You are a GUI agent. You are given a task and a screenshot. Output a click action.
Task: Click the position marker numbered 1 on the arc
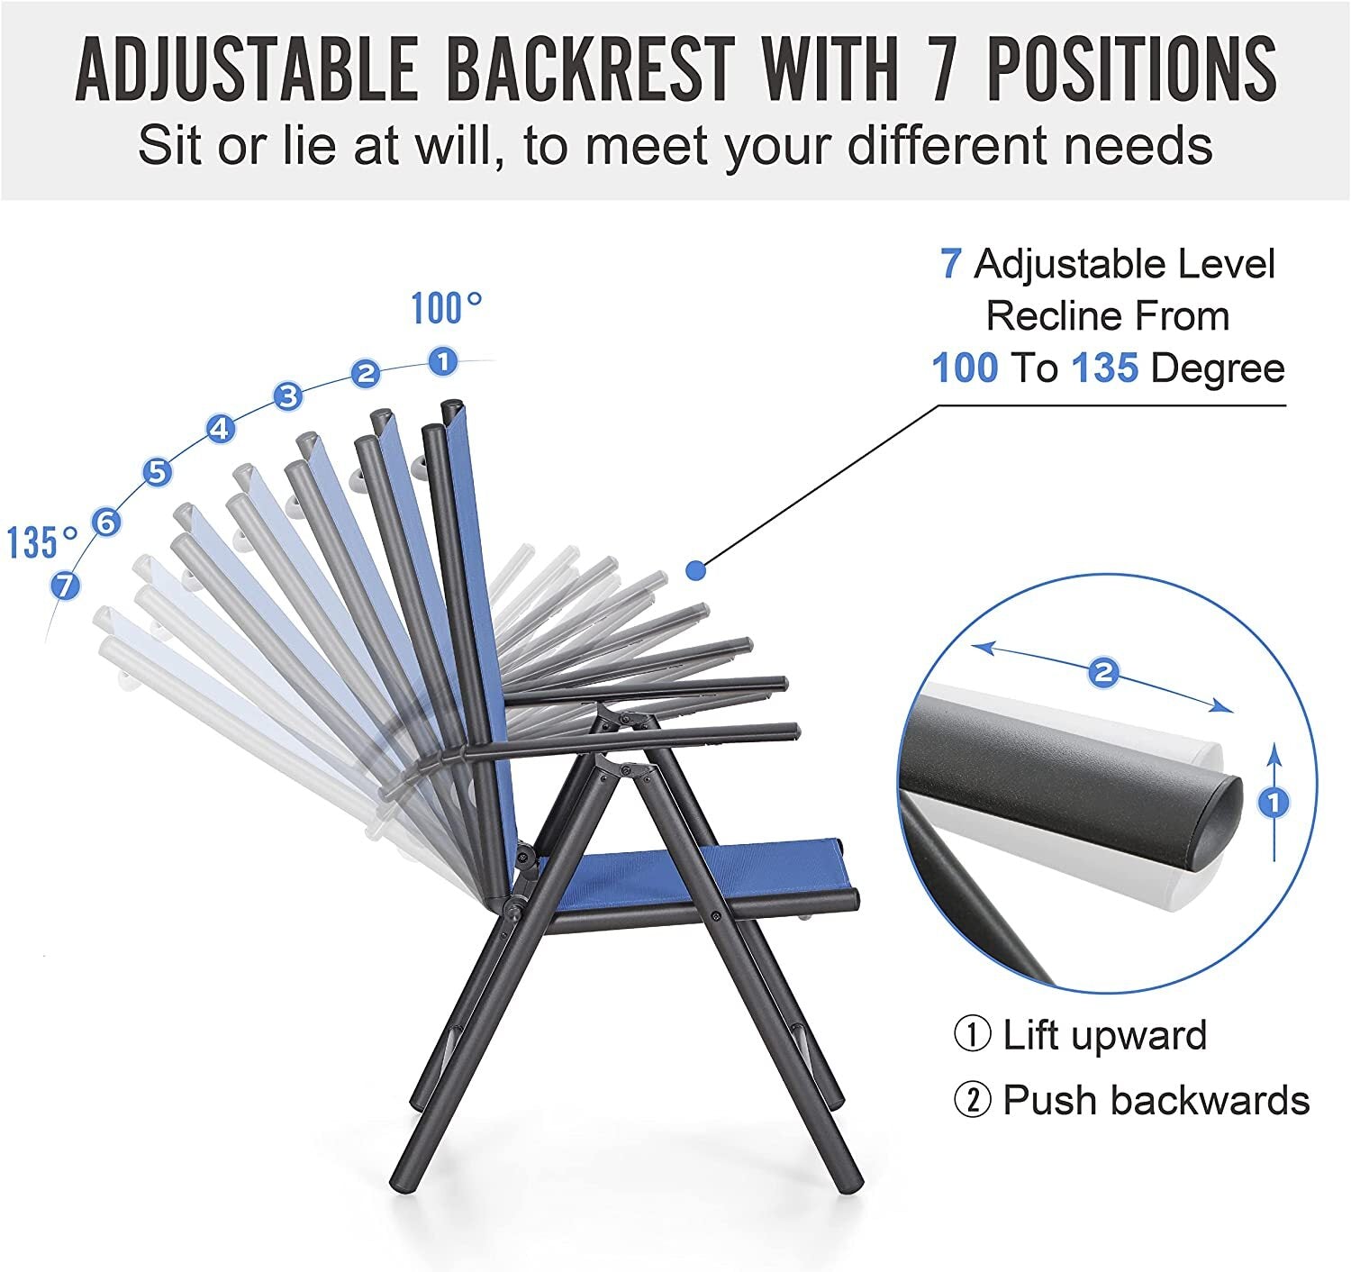coord(443,360)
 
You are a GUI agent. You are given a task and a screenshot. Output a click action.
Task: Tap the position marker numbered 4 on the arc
coord(221,429)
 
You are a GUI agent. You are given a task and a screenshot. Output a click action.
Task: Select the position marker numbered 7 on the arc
coord(66,586)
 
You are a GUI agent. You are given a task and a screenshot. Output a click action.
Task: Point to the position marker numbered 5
coord(157,472)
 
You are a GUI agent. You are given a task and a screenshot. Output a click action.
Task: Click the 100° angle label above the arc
coord(446,309)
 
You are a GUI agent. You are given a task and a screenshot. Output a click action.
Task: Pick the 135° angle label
coord(42,542)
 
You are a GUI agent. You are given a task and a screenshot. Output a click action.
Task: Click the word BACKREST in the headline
coord(591,70)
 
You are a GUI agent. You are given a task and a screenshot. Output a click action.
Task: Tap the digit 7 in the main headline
coord(942,70)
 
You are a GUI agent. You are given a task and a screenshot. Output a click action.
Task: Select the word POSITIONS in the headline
coord(1132,70)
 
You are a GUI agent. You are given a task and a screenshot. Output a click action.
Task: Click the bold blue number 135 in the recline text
coord(1105,368)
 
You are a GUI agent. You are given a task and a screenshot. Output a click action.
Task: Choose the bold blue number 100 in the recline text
coord(965,368)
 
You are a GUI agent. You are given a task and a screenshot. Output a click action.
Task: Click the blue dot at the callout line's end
coord(695,571)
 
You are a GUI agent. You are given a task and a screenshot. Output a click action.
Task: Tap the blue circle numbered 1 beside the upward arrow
coord(1274,803)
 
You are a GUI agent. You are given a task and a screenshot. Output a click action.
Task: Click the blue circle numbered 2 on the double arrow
coord(1102,672)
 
